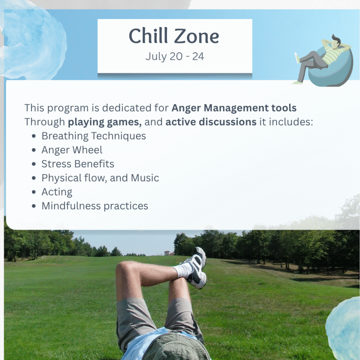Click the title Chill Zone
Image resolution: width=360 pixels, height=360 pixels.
tap(174, 36)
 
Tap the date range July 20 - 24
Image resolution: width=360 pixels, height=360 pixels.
tap(175, 57)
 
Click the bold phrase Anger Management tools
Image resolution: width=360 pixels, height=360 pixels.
tap(234, 108)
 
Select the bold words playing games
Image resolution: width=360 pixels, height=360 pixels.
tap(104, 122)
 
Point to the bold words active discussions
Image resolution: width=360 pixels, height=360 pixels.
tap(211, 122)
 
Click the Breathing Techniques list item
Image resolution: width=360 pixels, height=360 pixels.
tap(94, 136)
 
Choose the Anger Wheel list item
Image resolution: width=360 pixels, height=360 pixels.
tap(72, 150)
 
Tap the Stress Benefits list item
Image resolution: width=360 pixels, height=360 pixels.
tap(78, 164)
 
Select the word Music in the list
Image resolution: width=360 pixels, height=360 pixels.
tap(145, 178)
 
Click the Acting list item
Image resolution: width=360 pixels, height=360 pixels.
tap(57, 192)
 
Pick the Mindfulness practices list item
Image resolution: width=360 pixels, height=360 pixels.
tap(95, 206)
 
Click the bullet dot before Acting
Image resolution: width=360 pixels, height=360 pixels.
tap(34, 192)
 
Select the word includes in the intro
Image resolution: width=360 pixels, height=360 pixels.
tap(291, 122)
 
